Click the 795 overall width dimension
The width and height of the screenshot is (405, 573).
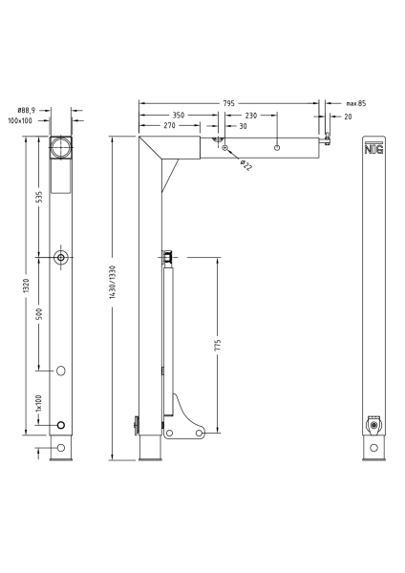229,102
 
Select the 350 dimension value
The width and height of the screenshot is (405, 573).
178,115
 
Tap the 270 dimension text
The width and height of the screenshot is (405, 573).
168,126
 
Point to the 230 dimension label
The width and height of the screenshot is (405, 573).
249,115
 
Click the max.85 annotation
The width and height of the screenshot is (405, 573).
356,102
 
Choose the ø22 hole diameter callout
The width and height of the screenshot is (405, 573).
245,165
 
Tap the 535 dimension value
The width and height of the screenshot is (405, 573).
39,197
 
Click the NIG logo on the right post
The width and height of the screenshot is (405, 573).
373,148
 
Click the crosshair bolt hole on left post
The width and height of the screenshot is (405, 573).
62,258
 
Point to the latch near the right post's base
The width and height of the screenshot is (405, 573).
373,424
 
